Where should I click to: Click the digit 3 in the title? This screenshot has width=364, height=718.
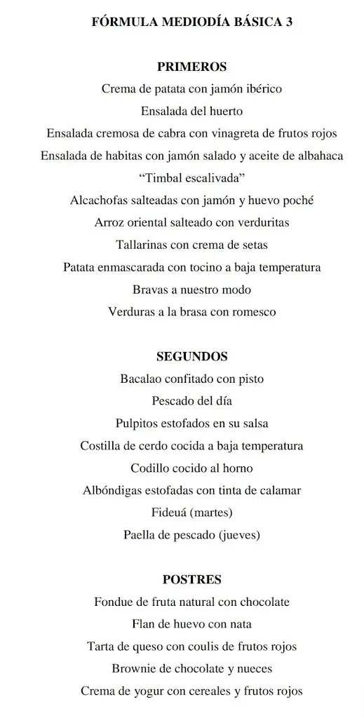289,22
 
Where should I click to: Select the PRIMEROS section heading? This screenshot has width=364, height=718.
191,67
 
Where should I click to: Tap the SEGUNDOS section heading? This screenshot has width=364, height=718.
191,356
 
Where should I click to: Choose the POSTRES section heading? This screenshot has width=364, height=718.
191,579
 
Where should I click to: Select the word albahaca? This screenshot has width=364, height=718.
318,156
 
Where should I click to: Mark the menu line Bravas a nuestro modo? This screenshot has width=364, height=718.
191,290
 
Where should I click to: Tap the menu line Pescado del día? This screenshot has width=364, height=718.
191,401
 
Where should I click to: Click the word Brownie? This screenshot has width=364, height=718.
135,668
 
